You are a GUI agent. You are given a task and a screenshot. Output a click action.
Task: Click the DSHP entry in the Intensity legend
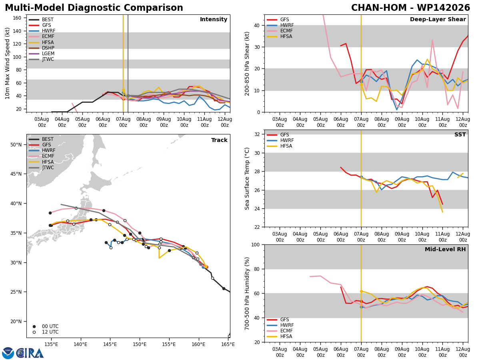(41, 48)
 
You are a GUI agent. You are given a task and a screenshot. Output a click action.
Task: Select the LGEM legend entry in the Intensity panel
(41, 54)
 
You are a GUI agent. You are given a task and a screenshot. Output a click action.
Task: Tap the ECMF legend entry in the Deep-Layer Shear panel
(280, 31)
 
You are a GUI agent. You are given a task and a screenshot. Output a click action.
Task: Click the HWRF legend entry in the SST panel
(280, 140)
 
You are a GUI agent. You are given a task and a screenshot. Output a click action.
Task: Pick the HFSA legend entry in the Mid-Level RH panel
(280, 336)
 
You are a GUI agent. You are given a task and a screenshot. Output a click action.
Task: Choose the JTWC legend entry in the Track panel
(41, 168)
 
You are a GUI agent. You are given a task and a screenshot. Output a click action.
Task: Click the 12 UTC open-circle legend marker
(34, 332)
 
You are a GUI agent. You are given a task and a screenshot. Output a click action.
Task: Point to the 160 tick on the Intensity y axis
(17, 18)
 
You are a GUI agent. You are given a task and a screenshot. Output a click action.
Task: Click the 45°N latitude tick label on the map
(16, 174)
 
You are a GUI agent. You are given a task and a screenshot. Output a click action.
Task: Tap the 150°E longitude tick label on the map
(140, 345)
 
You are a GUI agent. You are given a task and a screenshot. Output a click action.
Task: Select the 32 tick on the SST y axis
(257, 134)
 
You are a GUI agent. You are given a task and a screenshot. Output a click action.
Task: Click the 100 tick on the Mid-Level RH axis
(256, 245)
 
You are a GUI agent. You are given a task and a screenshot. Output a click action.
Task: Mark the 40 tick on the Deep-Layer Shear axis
(257, 25)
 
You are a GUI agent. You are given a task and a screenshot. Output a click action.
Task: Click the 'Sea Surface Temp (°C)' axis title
(247, 178)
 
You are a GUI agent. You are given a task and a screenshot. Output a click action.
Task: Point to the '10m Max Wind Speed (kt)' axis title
(7, 63)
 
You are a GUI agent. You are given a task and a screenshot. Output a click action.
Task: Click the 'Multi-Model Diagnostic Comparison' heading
(94, 8)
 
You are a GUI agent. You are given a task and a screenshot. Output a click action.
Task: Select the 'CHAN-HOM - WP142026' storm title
(410, 8)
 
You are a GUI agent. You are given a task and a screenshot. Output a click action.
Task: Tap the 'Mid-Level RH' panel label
(445, 249)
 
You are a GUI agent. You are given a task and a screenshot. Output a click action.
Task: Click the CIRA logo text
(30, 353)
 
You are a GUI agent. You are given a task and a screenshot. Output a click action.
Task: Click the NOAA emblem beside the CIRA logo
(8, 353)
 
